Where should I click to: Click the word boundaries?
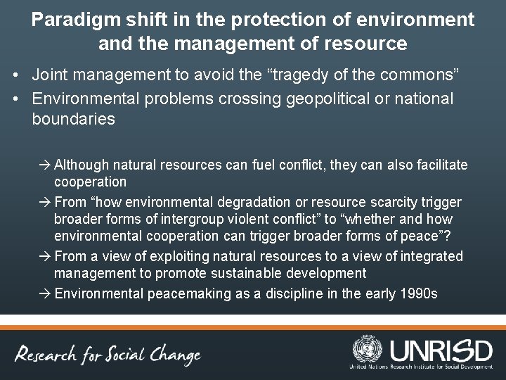[73, 119]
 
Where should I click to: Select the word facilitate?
[439, 165]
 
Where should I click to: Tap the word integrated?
[431, 256]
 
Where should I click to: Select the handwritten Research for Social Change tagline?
[110, 355]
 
